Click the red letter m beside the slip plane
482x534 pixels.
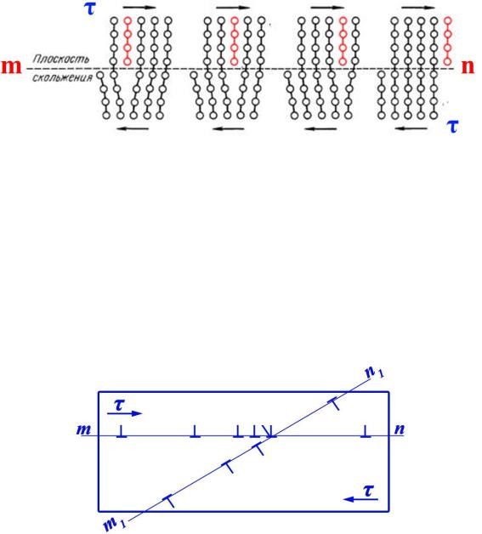(x=11, y=66)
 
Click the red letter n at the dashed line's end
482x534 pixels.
(x=468, y=66)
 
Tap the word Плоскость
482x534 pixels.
(x=61, y=60)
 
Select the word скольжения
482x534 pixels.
(x=62, y=77)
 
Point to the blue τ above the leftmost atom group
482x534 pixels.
(x=90, y=9)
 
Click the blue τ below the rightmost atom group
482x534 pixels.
(x=452, y=127)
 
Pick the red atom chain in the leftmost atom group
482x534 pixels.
(x=128, y=41)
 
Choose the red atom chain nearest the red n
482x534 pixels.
(x=448, y=41)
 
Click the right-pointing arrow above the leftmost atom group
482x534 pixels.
(x=139, y=7)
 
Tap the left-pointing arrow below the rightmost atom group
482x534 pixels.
(x=411, y=128)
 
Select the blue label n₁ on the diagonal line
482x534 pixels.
(x=374, y=372)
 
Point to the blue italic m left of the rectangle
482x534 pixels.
(x=83, y=429)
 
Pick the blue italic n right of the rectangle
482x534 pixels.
(x=400, y=429)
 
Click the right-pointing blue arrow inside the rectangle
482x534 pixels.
(x=124, y=413)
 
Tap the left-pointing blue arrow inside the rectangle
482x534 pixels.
(x=360, y=500)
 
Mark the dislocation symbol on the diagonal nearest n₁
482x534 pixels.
(x=334, y=403)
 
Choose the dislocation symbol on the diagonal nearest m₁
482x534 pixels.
(x=169, y=502)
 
